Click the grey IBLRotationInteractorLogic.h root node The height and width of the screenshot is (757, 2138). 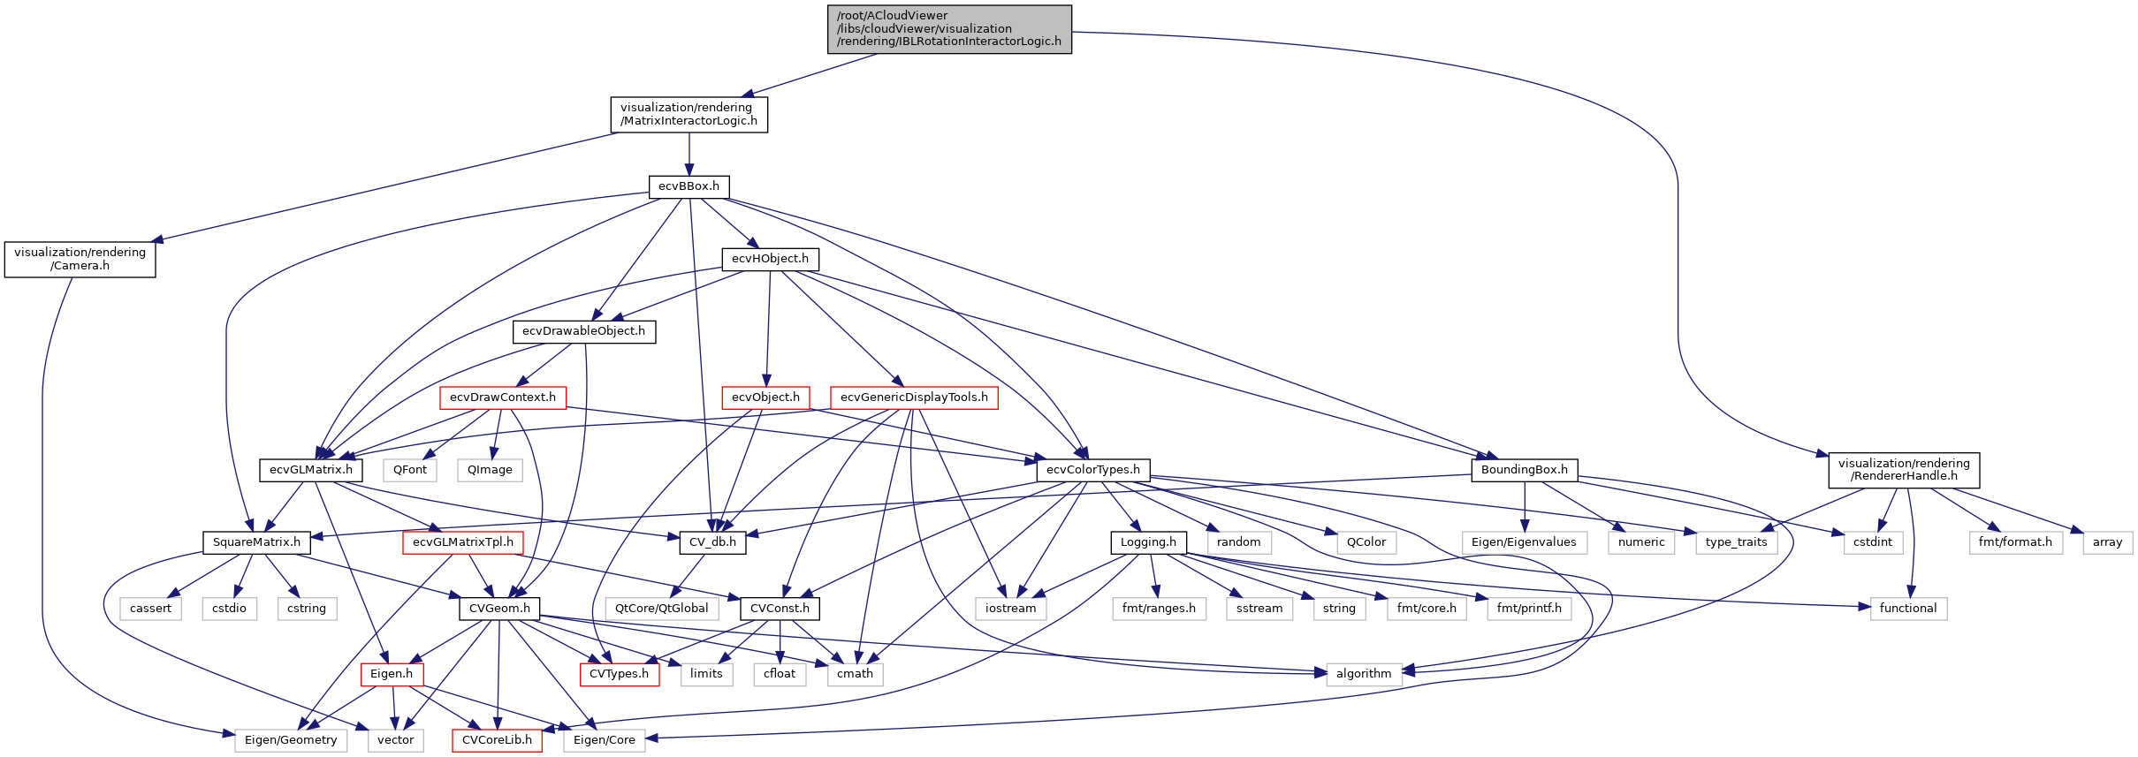(949, 29)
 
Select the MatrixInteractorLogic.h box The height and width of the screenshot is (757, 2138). (689, 114)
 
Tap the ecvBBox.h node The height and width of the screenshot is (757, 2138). (689, 186)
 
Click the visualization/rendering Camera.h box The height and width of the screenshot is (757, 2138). (80, 259)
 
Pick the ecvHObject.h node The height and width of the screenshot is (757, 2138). (770, 259)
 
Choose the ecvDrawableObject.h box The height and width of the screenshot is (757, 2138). (583, 331)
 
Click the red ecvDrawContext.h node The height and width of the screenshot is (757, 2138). (502, 397)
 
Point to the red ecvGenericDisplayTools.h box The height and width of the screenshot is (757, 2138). (914, 397)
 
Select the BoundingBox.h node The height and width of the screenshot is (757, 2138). (1524, 470)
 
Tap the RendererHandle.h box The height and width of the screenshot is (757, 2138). (1903, 470)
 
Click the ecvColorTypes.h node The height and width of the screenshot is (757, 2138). (1092, 470)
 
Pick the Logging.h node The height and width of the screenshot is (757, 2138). (1147, 542)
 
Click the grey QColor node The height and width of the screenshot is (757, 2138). (1366, 542)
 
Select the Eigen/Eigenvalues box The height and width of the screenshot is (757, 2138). (1523, 542)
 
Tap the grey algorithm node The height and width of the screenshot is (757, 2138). (1363, 674)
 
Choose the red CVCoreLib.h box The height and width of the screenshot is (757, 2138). (497, 740)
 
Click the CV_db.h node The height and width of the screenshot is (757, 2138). (712, 542)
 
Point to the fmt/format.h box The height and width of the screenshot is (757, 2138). (2014, 542)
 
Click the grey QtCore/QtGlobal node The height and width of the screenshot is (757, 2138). (661, 609)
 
